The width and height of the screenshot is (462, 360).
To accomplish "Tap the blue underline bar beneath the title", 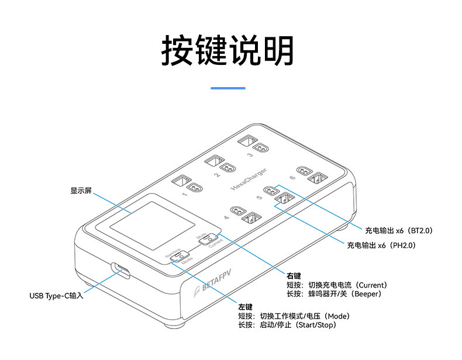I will [227, 88].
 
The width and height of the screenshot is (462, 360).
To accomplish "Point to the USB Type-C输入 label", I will [57, 296].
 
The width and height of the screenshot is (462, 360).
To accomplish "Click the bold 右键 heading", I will [294, 275].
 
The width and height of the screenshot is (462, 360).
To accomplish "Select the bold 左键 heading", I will [246, 307].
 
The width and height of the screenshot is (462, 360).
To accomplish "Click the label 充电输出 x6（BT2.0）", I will [398, 231].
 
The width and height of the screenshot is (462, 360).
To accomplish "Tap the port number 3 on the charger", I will [250, 155].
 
